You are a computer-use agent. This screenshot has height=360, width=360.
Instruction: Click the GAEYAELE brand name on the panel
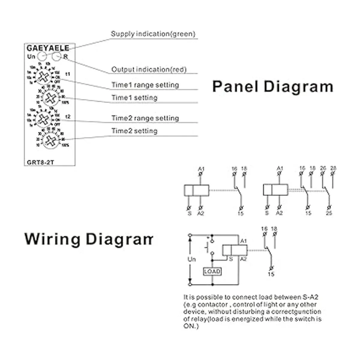point(48,48)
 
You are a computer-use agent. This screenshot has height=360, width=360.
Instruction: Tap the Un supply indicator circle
point(42,56)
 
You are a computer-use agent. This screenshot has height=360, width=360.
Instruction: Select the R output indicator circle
point(56,56)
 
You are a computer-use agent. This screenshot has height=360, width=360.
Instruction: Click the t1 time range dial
point(44,77)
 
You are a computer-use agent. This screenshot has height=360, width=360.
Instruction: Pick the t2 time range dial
point(44,119)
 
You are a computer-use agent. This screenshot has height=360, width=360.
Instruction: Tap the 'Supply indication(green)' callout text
point(153,34)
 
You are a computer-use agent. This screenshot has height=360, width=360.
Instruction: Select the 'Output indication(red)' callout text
point(149,69)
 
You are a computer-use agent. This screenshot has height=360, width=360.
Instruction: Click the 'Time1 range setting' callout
point(145,85)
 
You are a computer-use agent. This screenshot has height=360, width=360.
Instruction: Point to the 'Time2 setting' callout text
point(134,131)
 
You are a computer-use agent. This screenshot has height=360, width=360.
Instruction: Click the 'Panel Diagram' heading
point(273,86)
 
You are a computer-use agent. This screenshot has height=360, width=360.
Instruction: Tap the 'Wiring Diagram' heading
point(89,239)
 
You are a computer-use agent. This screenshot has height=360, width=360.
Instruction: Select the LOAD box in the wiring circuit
point(212,271)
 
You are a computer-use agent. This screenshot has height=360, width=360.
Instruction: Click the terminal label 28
point(333,168)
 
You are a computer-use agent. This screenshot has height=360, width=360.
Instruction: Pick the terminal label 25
point(329,213)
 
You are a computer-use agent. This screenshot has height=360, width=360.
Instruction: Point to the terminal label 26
point(323,168)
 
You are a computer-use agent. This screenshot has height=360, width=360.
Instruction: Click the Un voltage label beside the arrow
point(191,259)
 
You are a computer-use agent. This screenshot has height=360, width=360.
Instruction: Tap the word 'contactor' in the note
point(213,304)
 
